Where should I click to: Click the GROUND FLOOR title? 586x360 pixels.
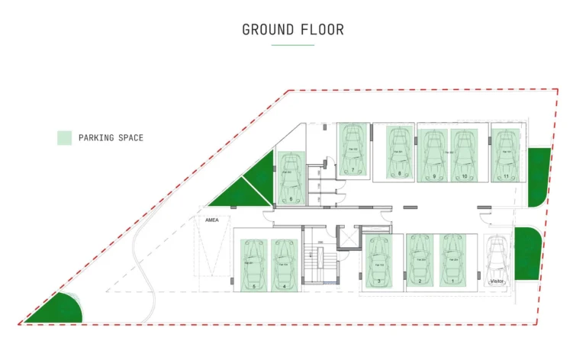293,30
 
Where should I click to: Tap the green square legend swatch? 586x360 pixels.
64,138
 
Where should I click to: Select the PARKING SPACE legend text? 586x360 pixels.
111,138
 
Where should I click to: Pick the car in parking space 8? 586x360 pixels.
398,153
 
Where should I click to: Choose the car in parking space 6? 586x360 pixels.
290,176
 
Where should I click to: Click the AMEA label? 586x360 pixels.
212,220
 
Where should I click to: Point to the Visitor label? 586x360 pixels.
497,281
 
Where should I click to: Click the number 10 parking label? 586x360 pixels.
464,176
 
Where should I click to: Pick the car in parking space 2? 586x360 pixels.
419,258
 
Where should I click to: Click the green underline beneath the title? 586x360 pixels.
293,45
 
